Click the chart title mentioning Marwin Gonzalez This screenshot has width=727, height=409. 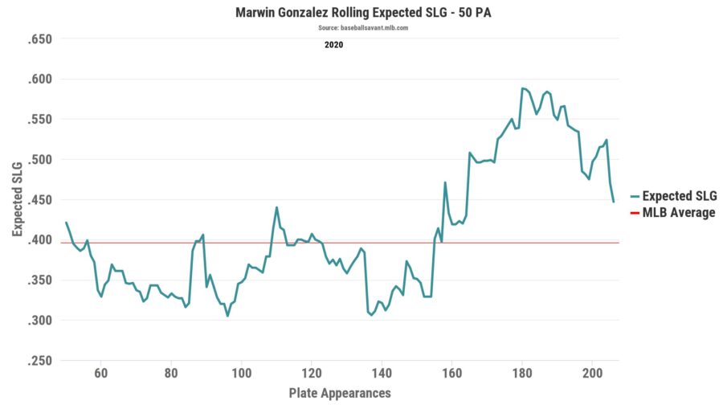(363, 14)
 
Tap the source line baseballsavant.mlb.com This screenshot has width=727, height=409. (363, 28)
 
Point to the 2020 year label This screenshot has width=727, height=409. (333, 45)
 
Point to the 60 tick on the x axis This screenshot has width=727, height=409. (101, 374)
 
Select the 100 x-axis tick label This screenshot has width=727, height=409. (241, 374)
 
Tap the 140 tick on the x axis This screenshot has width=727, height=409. (382, 374)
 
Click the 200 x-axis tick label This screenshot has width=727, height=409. (592, 374)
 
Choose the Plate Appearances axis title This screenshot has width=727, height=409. (340, 393)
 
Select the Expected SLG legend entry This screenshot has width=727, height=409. (679, 196)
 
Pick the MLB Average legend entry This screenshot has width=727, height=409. (678, 213)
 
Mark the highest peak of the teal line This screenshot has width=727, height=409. (522, 88)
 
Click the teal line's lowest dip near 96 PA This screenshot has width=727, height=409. (227, 316)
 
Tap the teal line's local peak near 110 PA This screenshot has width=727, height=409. (276, 207)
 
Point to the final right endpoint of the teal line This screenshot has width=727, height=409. (613, 202)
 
